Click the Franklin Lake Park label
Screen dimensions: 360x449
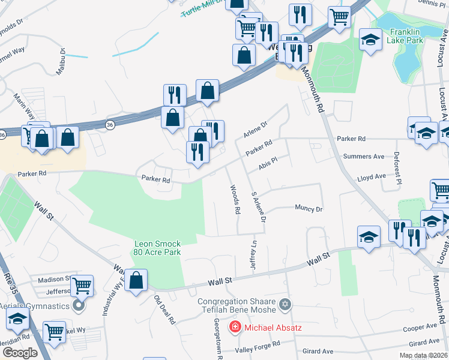[406, 36]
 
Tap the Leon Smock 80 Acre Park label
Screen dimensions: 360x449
[157, 248]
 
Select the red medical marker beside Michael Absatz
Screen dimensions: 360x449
[235, 328]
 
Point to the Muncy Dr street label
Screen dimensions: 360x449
[309, 209]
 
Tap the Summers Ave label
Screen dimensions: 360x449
[363, 157]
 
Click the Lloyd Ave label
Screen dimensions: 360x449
[371, 178]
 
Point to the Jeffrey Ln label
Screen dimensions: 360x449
[254, 254]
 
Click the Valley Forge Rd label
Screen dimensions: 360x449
[258, 344]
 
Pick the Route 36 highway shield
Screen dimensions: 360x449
[109, 125]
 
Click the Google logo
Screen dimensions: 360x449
[20, 353]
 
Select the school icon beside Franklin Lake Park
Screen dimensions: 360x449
[371, 41]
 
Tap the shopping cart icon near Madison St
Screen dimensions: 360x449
[82, 285]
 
